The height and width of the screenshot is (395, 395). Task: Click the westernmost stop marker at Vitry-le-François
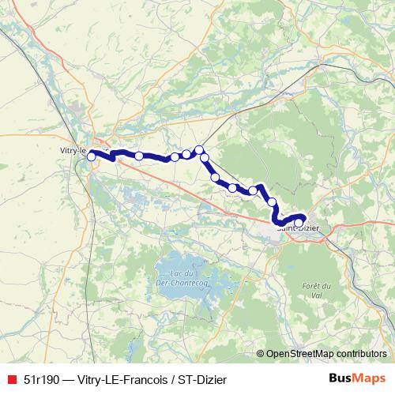point(91,156)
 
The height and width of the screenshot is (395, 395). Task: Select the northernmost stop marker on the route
point(199,149)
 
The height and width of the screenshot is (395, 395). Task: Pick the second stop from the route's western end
point(139,156)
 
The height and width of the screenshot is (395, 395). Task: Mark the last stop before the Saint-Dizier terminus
point(273,202)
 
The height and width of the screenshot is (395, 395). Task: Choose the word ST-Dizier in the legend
point(193,377)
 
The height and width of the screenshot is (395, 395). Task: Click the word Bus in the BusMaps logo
point(341,377)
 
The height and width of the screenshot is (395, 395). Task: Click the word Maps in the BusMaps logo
point(370,377)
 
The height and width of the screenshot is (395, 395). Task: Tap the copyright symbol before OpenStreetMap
point(260,354)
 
